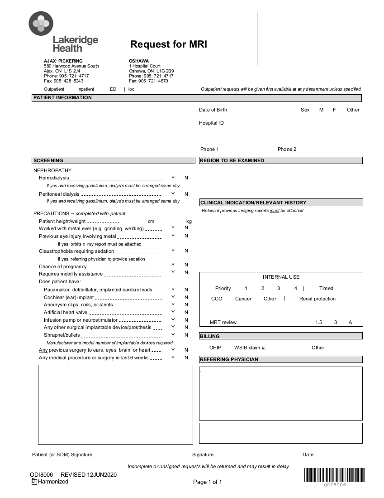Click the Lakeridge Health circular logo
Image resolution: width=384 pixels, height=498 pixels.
[x=41, y=23]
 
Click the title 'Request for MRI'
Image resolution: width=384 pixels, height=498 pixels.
[x=169, y=44]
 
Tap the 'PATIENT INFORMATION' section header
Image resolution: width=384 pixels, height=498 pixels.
[x=62, y=98]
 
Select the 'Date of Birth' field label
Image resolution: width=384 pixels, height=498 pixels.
[x=213, y=110]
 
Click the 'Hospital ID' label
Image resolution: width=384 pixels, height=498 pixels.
[x=211, y=123]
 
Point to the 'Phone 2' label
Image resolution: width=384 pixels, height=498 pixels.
[x=287, y=150]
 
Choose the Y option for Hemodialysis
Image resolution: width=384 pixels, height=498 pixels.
[x=173, y=178]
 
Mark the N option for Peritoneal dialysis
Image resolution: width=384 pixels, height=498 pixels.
[x=186, y=194]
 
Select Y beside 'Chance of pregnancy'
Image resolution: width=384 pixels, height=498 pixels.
[x=173, y=265]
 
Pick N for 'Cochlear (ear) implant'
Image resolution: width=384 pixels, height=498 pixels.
[x=186, y=297]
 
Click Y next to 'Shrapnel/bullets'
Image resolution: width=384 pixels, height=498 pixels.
[x=173, y=335]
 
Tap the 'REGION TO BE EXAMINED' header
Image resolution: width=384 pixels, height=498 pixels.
[x=232, y=160]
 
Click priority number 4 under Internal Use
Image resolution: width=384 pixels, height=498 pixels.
[x=296, y=288]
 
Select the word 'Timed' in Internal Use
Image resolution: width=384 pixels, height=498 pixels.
[x=326, y=288]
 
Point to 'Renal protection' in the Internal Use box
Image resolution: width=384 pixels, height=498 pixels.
[x=318, y=299]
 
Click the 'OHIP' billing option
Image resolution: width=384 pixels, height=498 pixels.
[x=215, y=348]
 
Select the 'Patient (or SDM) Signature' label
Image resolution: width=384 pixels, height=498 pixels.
[x=62, y=454]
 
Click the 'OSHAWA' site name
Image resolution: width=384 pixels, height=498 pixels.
[x=139, y=61]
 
